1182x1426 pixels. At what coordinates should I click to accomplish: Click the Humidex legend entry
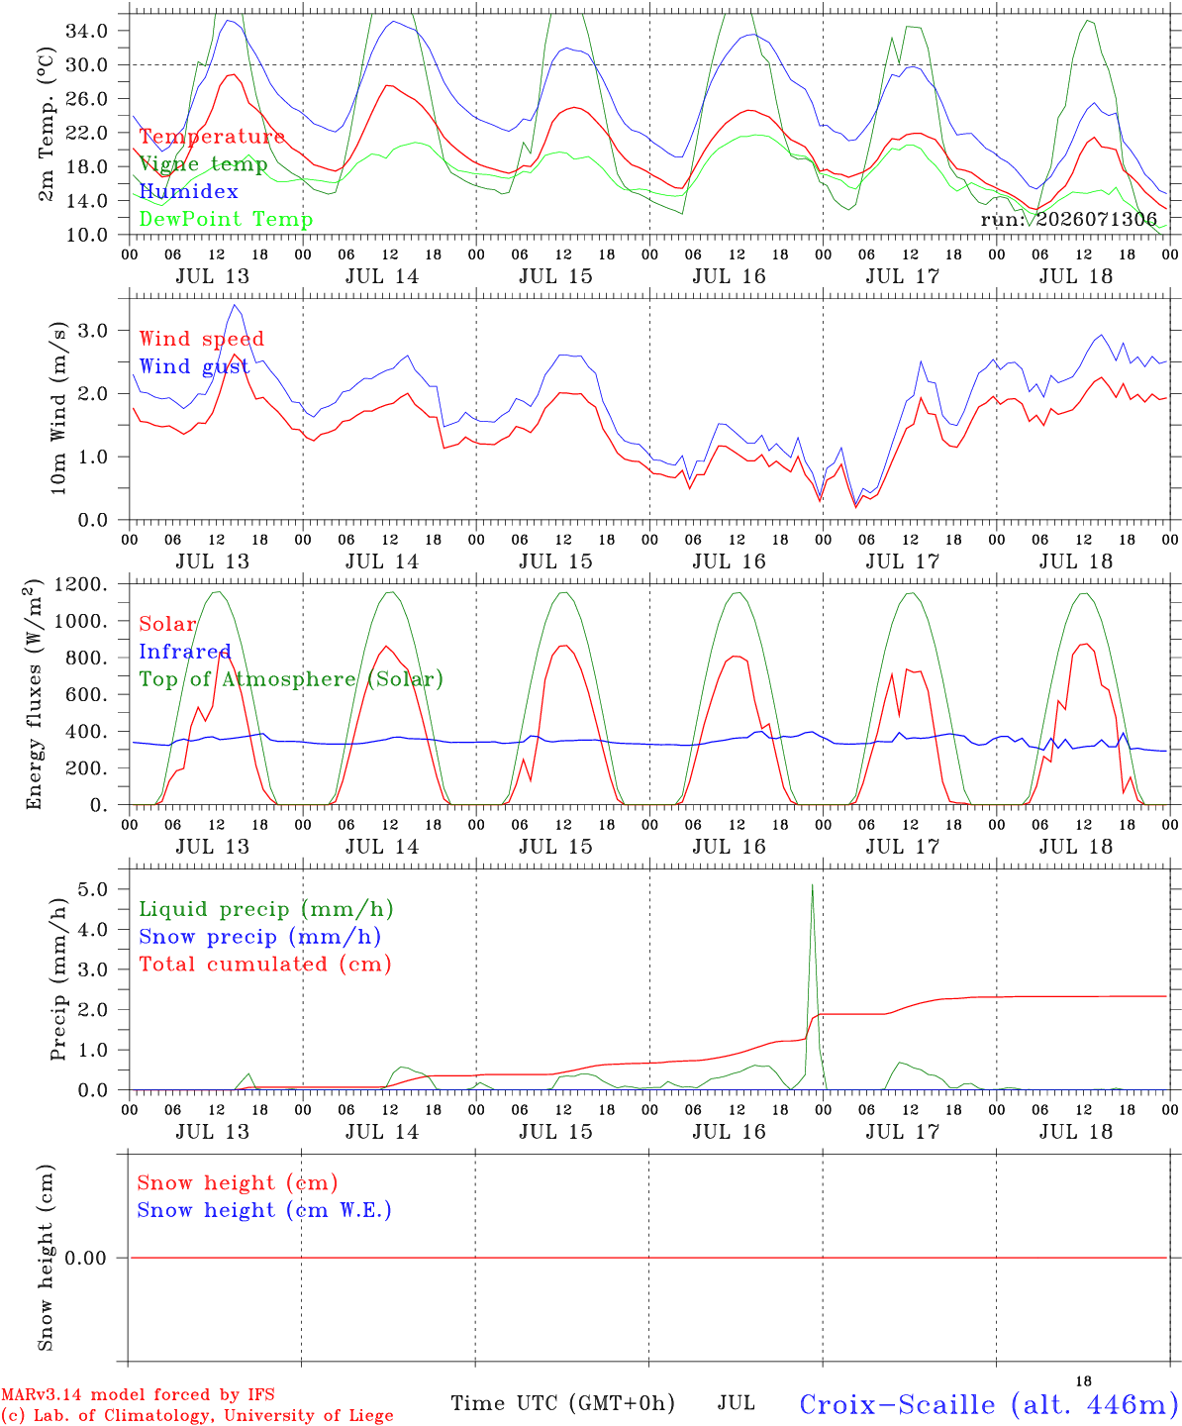pyautogui.click(x=188, y=191)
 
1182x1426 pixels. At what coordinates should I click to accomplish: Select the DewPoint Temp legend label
pyautogui.click(x=226, y=219)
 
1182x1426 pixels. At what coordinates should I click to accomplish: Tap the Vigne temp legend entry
pyautogui.click(x=204, y=164)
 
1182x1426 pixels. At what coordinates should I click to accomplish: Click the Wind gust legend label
pyautogui.click(x=195, y=366)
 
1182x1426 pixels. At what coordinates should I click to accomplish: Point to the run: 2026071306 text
pyautogui.click(x=1069, y=219)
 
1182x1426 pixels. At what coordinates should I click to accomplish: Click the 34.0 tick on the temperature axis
pyautogui.click(x=87, y=31)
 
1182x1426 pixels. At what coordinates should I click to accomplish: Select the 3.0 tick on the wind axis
pyautogui.click(x=93, y=331)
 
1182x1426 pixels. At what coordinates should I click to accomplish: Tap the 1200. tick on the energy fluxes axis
pyautogui.click(x=81, y=584)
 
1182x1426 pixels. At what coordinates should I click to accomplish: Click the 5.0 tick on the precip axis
pyautogui.click(x=93, y=889)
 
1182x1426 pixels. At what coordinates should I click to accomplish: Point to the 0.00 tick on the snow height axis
pyautogui.click(x=85, y=1258)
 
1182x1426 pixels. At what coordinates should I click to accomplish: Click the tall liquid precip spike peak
pyautogui.click(x=812, y=885)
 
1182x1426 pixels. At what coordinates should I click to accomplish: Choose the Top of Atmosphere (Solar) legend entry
pyautogui.click(x=292, y=679)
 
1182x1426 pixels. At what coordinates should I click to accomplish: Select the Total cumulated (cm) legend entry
pyautogui.click(x=265, y=965)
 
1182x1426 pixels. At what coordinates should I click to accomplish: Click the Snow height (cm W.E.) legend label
pyautogui.click(x=264, y=1209)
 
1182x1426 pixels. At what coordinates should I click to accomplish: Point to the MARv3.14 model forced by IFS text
pyautogui.click(x=138, y=1394)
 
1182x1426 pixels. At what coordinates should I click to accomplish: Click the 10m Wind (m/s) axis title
pyautogui.click(x=58, y=408)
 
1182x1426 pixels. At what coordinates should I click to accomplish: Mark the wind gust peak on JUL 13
pyautogui.click(x=235, y=305)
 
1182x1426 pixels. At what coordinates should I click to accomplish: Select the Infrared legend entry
pyautogui.click(x=185, y=652)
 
